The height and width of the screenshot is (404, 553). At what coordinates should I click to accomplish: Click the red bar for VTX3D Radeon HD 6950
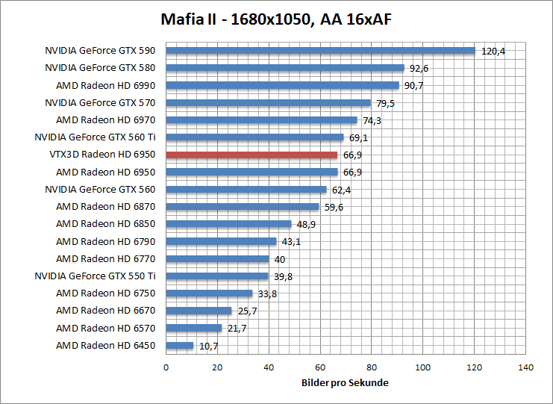[x=251, y=155]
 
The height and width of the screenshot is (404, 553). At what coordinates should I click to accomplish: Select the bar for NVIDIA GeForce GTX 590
[x=320, y=51]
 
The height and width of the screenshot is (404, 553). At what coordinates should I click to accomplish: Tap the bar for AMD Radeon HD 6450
[x=179, y=345]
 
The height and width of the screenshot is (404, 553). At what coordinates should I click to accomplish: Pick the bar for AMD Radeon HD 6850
[x=228, y=224]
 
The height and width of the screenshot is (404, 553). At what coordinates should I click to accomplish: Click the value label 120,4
[x=493, y=52]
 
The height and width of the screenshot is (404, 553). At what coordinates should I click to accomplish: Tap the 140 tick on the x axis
[x=526, y=367]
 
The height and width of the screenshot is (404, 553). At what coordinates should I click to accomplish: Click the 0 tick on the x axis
[x=166, y=367]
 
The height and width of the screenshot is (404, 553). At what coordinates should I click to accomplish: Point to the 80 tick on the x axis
[x=372, y=367]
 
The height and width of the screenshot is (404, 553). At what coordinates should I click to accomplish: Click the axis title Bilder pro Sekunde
[x=345, y=382]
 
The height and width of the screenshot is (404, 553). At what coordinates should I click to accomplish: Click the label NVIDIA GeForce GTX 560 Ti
[x=95, y=137]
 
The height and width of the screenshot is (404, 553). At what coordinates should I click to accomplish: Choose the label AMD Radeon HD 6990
[x=105, y=85]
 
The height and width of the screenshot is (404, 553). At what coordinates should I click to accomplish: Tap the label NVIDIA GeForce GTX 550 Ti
[x=95, y=276]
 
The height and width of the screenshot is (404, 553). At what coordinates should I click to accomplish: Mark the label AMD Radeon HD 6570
[x=105, y=328]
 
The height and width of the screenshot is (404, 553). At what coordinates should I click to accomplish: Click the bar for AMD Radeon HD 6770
[x=217, y=258]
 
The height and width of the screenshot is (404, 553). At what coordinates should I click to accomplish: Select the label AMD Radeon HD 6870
[x=105, y=207]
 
